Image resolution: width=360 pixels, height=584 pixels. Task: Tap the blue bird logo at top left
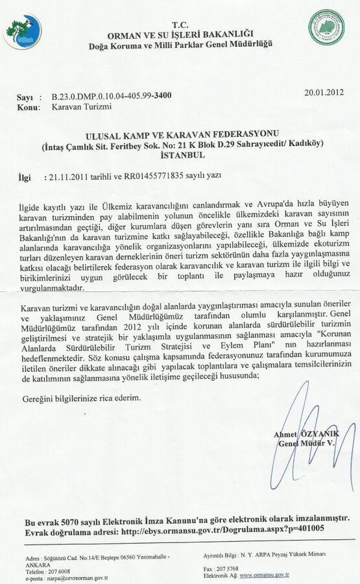[21, 31]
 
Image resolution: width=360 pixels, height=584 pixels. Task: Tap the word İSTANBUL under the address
[180, 156]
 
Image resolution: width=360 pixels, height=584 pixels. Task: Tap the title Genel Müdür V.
[304, 443]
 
